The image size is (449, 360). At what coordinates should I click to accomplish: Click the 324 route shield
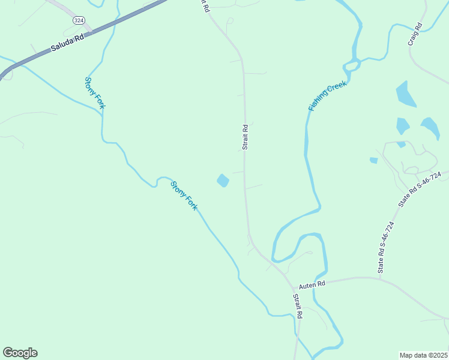pyautogui.click(x=79, y=20)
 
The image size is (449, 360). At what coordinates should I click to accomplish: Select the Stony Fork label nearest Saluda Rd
pyautogui.click(x=95, y=92)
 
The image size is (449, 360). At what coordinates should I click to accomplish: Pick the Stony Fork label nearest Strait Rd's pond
pyautogui.click(x=184, y=196)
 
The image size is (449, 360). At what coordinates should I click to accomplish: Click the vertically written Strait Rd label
pyautogui.click(x=245, y=137)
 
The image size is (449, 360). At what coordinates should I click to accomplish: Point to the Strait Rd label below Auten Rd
pyautogui.click(x=298, y=306)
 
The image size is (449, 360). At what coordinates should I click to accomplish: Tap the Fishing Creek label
pyautogui.click(x=328, y=95)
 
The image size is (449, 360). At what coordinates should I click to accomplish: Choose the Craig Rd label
pyautogui.click(x=414, y=35)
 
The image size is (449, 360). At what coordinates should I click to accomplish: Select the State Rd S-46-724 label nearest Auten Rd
pyautogui.click(x=385, y=248)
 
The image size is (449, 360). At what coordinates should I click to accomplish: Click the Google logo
pyautogui.click(x=20, y=353)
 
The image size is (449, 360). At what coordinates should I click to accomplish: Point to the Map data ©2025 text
pyautogui.click(x=423, y=355)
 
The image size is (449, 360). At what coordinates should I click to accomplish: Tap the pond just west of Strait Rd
pyautogui.click(x=223, y=180)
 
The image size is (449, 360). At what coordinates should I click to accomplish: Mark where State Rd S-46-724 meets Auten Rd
pyautogui.click(x=380, y=278)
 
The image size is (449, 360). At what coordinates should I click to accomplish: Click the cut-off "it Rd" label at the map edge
pyautogui.click(x=205, y=6)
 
